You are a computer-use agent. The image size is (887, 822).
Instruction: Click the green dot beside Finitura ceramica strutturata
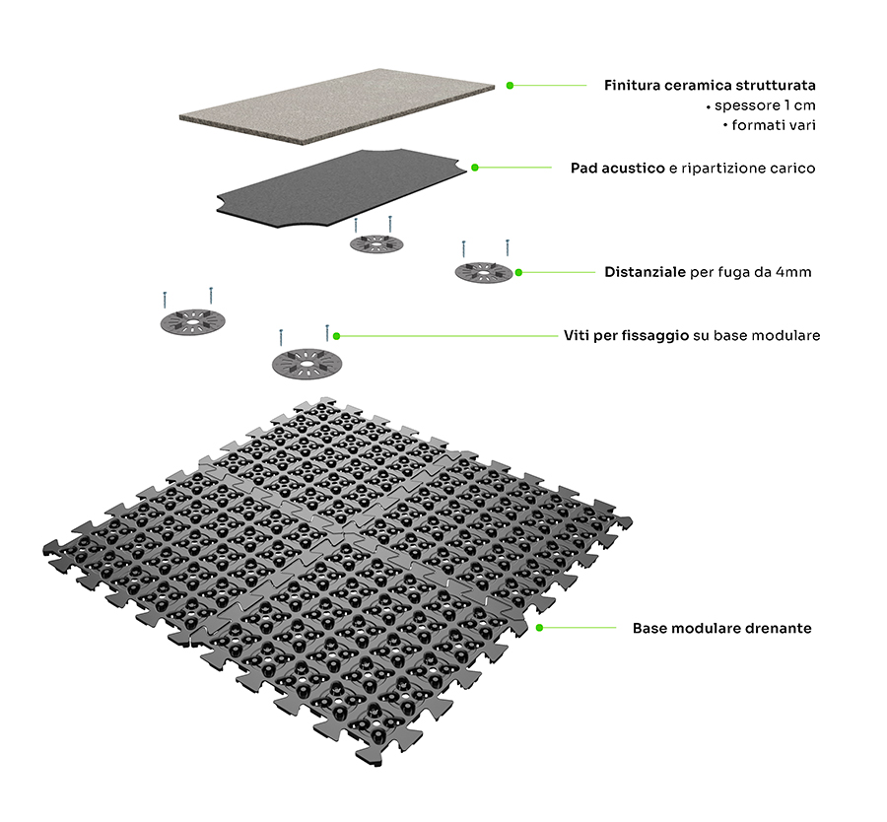(510, 86)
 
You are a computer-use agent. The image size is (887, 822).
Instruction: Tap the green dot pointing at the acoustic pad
(474, 168)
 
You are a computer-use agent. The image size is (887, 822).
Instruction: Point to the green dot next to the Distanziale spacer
(518, 271)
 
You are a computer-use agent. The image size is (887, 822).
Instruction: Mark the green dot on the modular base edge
(540, 627)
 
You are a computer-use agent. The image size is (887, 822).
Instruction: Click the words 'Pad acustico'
(617, 169)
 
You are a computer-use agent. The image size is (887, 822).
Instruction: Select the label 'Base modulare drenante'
(721, 628)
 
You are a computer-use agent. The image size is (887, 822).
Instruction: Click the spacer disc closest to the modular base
(306, 361)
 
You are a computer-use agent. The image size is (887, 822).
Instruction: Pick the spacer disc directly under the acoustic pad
(375, 242)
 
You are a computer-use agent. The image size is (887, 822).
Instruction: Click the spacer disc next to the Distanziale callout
(483, 271)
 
